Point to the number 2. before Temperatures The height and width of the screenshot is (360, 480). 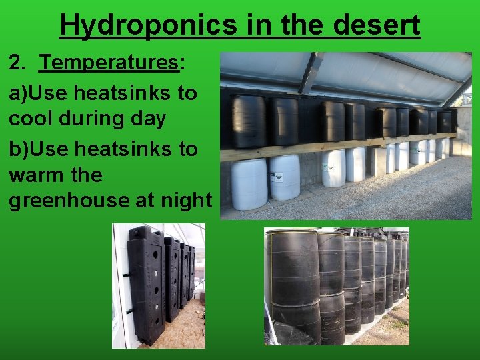(x=18, y=64)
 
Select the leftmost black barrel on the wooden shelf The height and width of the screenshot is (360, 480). (x=248, y=121)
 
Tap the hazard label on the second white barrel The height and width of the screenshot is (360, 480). (x=279, y=177)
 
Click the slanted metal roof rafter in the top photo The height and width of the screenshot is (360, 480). (x=310, y=73)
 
